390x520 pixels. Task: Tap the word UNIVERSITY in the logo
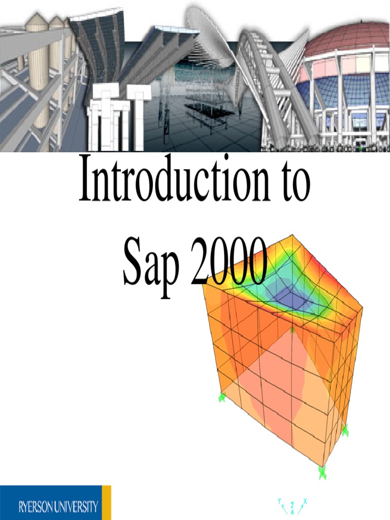click(77, 506)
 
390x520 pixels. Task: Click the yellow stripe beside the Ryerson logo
click(107, 502)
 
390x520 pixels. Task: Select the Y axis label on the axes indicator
click(279, 501)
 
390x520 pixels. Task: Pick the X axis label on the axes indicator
click(305, 501)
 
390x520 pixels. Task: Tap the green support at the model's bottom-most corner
click(322, 472)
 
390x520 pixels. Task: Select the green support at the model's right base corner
click(345, 431)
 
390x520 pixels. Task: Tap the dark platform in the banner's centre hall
click(208, 109)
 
